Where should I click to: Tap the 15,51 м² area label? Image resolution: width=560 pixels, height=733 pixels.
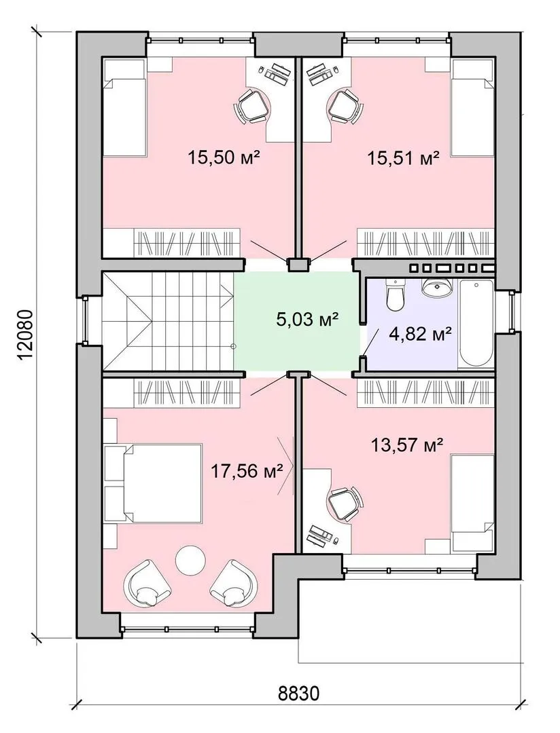[x=403, y=158]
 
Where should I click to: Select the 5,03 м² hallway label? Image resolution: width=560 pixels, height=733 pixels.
[x=307, y=320]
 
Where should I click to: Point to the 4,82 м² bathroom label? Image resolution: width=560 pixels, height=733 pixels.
[x=421, y=333]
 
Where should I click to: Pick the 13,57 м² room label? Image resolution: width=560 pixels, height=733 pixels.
[x=407, y=445]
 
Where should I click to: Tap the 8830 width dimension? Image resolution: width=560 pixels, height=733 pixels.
[x=298, y=706]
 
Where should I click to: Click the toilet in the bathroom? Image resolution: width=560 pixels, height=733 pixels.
[x=395, y=295]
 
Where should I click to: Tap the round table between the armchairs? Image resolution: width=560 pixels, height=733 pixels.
[x=190, y=560]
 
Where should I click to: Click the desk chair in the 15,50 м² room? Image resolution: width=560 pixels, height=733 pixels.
[x=253, y=107]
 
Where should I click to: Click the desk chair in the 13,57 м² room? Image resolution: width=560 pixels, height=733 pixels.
[x=344, y=502]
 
